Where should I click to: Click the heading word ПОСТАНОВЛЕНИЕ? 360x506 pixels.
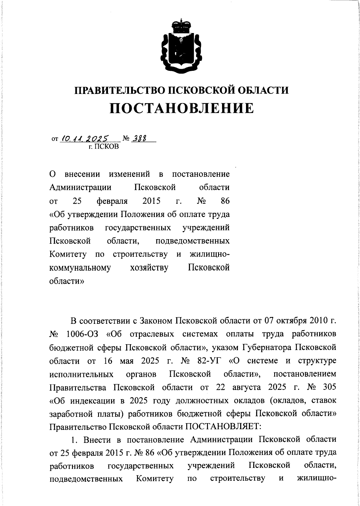(181, 108)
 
